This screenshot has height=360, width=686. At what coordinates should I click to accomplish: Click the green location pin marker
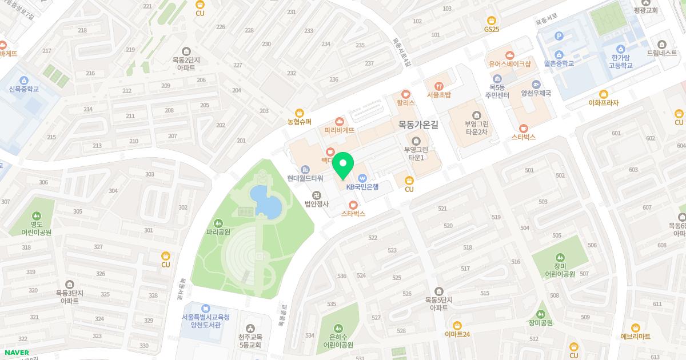click(x=342, y=166)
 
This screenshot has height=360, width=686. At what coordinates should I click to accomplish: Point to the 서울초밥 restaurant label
click(x=438, y=95)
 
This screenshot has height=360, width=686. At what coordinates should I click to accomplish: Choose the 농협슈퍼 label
click(x=300, y=122)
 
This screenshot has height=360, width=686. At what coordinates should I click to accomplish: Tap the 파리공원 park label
click(x=218, y=233)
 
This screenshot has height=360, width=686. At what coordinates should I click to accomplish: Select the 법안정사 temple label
click(x=316, y=203)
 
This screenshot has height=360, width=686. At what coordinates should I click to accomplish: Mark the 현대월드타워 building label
click(x=305, y=178)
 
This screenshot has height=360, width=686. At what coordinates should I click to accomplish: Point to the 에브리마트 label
click(x=635, y=337)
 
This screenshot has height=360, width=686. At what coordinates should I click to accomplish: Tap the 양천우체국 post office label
click(x=535, y=93)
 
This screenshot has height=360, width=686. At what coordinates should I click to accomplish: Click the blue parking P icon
click(x=559, y=36)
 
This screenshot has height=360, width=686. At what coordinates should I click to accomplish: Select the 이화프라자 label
click(x=603, y=103)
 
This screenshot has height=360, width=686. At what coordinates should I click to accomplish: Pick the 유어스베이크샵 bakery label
click(x=510, y=64)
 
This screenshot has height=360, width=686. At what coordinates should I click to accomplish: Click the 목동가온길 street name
click(x=418, y=124)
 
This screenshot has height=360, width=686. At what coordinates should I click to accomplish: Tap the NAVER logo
click(x=17, y=353)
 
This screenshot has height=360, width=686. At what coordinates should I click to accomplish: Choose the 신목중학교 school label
click(x=24, y=89)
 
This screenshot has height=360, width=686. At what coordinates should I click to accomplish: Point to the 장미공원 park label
click(x=541, y=322)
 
